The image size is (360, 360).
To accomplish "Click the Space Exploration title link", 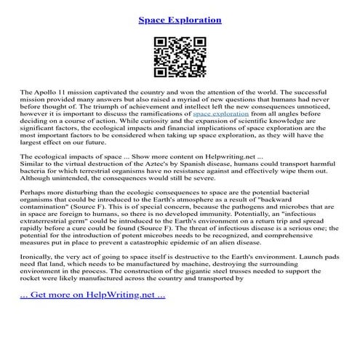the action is [180, 18].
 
